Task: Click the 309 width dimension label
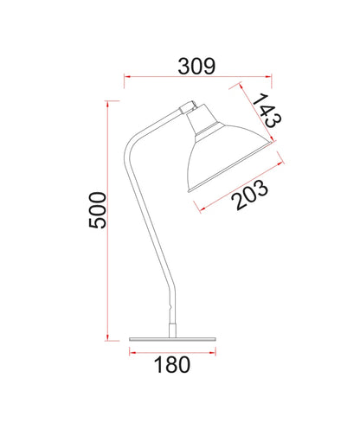(x=196, y=67)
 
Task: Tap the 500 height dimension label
(x=98, y=210)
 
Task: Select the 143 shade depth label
(x=267, y=110)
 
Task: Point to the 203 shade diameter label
(x=250, y=195)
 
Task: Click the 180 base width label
(x=172, y=365)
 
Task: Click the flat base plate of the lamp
(x=172, y=339)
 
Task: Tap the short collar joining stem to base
(x=172, y=330)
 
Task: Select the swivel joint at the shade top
(x=188, y=107)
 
